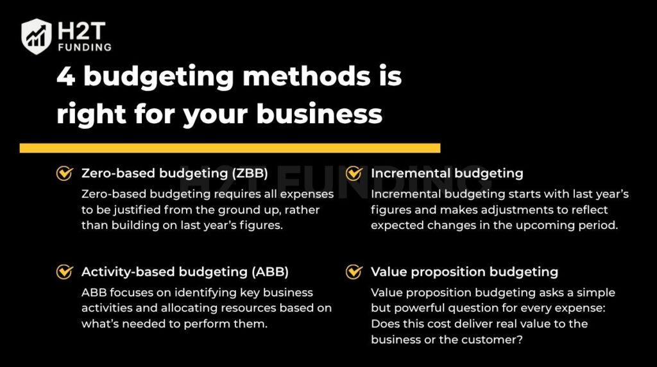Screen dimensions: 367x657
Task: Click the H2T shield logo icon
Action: [x=36, y=36]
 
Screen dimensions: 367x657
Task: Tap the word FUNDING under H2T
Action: [x=83, y=47]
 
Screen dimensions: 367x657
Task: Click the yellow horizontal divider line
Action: [x=230, y=148]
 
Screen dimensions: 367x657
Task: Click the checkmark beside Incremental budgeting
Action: [x=354, y=173]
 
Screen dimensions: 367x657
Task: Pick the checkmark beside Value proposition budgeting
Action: [x=354, y=271]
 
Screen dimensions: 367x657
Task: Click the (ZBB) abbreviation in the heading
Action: [x=247, y=173]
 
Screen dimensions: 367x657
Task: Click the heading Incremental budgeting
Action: [x=447, y=173]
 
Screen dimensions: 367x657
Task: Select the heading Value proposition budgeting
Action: [x=465, y=271]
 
